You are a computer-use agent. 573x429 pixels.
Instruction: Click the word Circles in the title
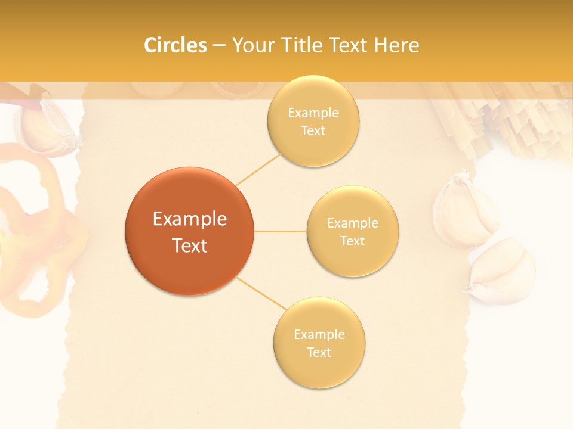(x=175, y=45)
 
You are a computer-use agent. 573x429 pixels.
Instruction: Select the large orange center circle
(x=189, y=232)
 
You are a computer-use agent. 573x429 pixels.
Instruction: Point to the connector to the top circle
(x=258, y=169)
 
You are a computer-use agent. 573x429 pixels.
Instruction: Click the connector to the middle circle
(x=280, y=231)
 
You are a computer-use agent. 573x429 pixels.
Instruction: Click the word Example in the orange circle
(x=189, y=219)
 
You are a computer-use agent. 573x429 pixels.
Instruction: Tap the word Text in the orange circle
(x=189, y=245)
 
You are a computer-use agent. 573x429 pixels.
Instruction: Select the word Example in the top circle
(x=313, y=113)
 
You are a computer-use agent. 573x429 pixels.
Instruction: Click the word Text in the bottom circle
(x=319, y=352)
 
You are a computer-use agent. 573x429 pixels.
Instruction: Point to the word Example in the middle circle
(x=352, y=223)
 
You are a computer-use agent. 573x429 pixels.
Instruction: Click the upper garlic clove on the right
(x=464, y=212)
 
